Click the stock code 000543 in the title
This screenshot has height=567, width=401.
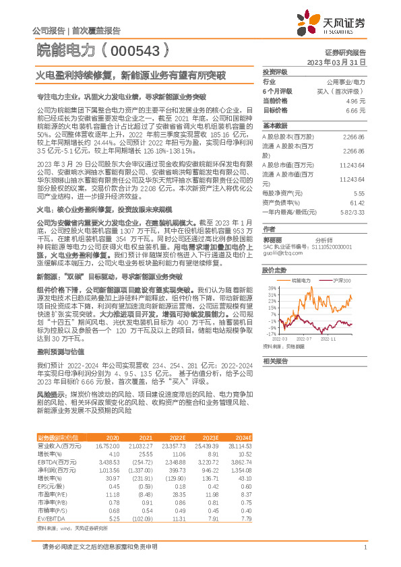(x=143, y=51)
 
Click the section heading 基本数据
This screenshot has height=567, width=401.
(x=274, y=126)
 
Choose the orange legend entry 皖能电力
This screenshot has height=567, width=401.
(x=301, y=279)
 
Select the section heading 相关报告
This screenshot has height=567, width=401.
(x=274, y=361)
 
